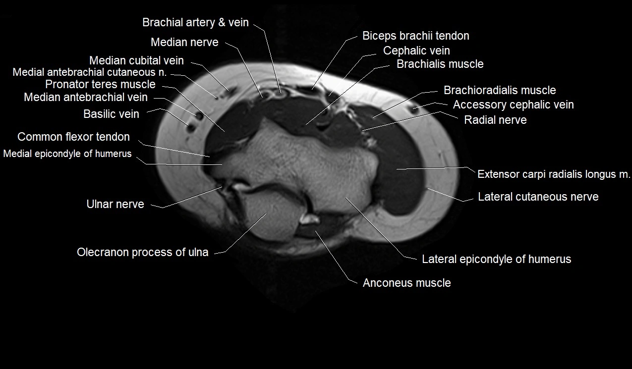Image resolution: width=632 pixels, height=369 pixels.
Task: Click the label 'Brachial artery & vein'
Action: pos(195,23)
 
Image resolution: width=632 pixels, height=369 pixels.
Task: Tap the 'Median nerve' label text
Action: pos(184,43)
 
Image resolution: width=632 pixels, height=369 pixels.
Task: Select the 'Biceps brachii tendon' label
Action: pos(415,36)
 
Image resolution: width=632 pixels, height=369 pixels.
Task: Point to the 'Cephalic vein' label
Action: pos(416,51)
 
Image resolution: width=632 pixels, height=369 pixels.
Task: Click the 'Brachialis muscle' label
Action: pos(440,64)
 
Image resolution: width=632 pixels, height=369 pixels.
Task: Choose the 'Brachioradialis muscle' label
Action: pos(500,91)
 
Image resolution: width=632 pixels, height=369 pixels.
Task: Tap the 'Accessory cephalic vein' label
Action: pos(513,105)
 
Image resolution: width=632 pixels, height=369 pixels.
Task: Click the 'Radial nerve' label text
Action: pos(495,120)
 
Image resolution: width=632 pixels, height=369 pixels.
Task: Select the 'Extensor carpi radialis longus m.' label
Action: pos(554,174)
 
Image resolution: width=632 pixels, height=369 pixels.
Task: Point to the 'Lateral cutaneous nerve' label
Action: pos(538,197)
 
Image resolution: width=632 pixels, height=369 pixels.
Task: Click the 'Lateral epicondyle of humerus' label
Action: pos(496,259)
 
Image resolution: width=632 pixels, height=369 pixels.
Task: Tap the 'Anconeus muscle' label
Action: pos(406,283)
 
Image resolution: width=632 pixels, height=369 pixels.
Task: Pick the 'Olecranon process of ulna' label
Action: pos(142,253)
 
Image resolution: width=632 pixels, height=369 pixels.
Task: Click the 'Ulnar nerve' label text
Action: pos(115,204)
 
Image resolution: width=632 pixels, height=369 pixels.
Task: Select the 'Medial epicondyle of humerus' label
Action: pos(67,154)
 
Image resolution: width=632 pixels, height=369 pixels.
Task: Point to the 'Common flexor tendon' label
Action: pos(73,137)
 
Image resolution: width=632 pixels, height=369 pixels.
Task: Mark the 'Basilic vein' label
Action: pos(111,114)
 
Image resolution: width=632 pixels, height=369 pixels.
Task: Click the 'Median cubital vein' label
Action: pos(136,61)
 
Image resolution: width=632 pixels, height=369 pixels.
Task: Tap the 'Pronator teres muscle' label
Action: pos(100,85)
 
